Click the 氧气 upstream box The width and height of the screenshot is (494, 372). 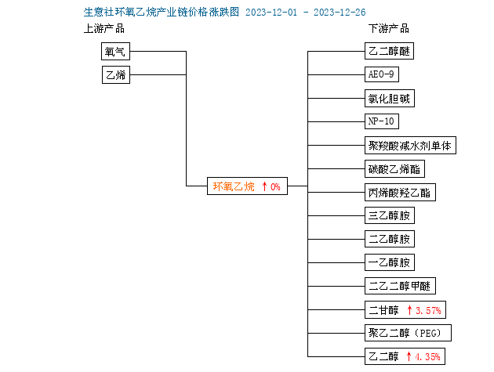click(x=115, y=52)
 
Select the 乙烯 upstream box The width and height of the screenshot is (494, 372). click(x=116, y=74)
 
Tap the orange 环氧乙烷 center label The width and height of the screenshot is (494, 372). click(x=234, y=186)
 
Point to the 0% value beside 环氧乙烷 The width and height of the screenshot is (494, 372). click(x=275, y=187)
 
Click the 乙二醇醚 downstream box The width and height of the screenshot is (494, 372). click(x=389, y=51)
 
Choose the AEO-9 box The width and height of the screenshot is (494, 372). click(x=382, y=74)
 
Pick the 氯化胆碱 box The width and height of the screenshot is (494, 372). click(x=390, y=99)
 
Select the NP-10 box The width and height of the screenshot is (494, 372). click(x=382, y=121)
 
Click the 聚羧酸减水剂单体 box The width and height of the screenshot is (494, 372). click(x=410, y=146)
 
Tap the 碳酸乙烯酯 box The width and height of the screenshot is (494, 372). click(x=394, y=169)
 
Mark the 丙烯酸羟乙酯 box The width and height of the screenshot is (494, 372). click(x=400, y=193)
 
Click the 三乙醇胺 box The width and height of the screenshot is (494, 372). click(x=390, y=215)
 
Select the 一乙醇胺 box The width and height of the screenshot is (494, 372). click(x=390, y=262)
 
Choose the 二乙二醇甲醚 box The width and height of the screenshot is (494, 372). click(x=400, y=286)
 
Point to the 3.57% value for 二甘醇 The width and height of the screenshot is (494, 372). click(x=428, y=311)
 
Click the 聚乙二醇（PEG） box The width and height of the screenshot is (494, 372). click(x=408, y=333)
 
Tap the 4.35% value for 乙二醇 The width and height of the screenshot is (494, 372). click(x=427, y=357)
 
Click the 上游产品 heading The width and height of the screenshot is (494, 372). click(x=104, y=29)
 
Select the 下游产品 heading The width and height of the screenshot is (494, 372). click(x=389, y=29)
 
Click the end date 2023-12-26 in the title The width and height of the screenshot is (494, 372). click(x=340, y=13)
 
